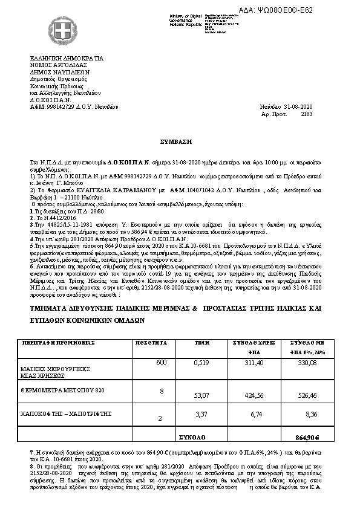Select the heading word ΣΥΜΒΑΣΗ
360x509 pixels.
pos(180,141)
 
